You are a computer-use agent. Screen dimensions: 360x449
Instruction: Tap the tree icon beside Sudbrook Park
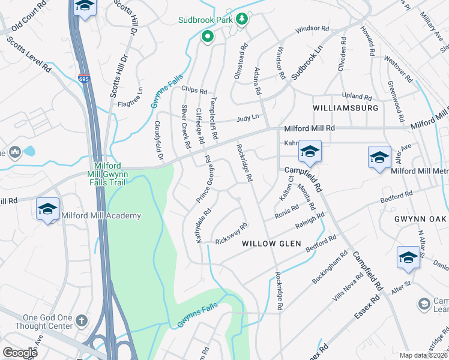[x=242, y=19]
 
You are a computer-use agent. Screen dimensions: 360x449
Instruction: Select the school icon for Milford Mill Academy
[x=47, y=209]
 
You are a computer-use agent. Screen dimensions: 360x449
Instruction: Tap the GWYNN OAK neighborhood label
[x=421, y=220]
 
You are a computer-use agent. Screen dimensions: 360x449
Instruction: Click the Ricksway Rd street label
[x=232, y=232]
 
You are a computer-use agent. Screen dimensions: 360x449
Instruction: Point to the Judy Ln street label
[x=247, y=118]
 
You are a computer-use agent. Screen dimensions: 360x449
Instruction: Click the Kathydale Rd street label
[x=203, y=226]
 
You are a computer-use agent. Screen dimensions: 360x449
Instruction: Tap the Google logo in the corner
[x=20, y=352]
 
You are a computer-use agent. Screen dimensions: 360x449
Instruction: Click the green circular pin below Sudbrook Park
[x=208, y=37]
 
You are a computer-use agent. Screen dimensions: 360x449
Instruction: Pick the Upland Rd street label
[x=357, y=95]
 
